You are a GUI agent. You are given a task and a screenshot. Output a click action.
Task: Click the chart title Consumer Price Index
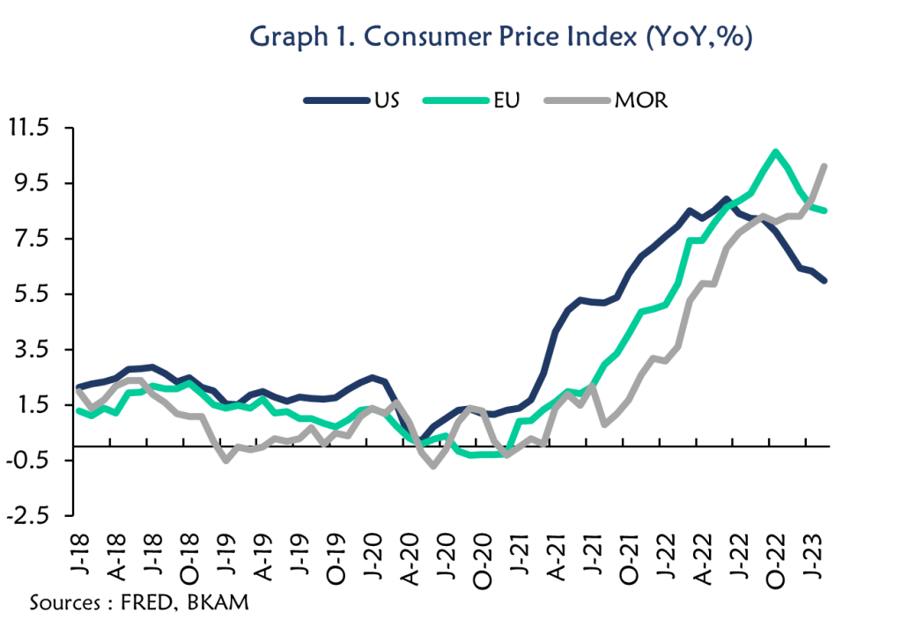tap(501, 37)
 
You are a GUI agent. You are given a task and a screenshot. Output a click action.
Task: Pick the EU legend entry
tap(506, 100)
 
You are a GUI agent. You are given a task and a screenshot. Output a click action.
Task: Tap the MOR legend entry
tap(640, 100)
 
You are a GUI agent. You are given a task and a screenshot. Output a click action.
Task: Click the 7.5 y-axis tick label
tap(33, 239)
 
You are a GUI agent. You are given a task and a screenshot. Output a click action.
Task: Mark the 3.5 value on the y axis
tap(33, 350)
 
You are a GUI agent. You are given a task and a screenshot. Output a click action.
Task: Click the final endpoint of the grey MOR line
tap(823, 166)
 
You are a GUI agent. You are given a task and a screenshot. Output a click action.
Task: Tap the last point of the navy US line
tap(823, 281)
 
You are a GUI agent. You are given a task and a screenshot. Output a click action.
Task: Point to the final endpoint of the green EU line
tap(823, 210)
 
